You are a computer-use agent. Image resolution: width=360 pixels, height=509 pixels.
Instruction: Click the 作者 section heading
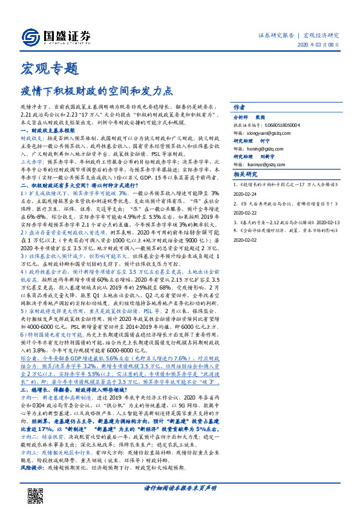pyautogui.click(x=240, y=105)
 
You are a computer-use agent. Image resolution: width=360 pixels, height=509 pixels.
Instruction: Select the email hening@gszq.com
pyautogui.click(x=263, y=148)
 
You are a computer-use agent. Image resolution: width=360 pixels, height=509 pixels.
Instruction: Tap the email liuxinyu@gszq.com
pyautogui.click(x=265, y=163)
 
